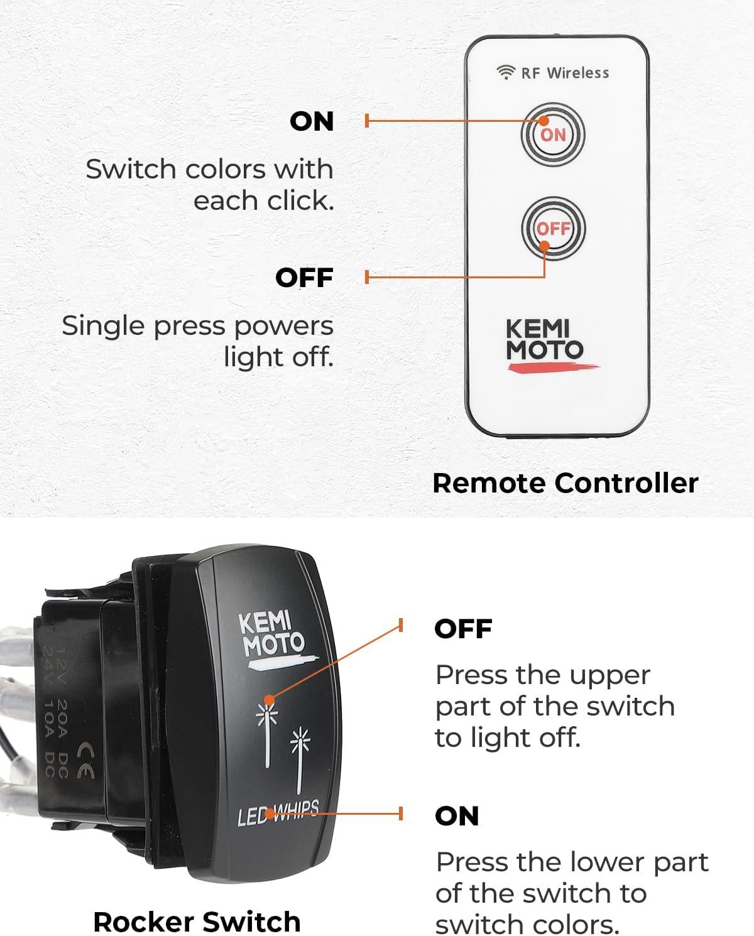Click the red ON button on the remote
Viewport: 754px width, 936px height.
coord(553,134)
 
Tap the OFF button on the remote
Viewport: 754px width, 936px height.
coord(553,229)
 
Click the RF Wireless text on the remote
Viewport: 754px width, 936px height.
coord(565,73)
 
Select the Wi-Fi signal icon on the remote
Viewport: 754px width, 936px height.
coord(505,73)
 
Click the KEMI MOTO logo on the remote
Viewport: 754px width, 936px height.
coord(545,341)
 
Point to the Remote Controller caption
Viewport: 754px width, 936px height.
coord(565,483)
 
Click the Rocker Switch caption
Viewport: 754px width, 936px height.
coord(197,922)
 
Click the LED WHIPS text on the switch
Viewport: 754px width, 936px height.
coord(278,814)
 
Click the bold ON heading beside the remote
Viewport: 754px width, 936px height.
coord(312,121)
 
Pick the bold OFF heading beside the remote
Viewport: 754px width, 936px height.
coord(304,278)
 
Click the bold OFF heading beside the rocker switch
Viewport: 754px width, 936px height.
coord(463,629)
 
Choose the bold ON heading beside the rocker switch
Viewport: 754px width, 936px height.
coord(457,816)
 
